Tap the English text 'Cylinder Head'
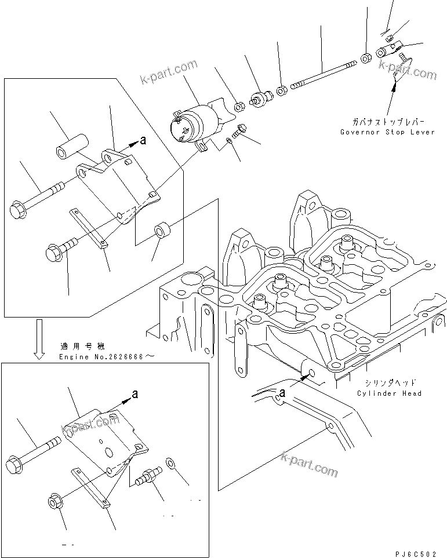389,393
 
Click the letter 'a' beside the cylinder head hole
282,393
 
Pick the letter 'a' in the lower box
135,394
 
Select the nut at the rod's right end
366,58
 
